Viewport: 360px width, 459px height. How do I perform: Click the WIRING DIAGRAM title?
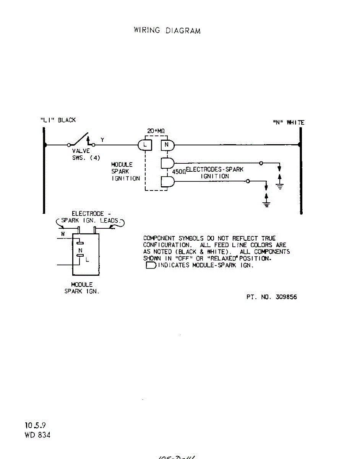tap(167, 30)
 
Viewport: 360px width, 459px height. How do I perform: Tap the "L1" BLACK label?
tap(58, 120)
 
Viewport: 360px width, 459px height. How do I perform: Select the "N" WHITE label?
tap(287, 123)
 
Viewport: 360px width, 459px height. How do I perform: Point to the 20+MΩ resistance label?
tap(156, 131)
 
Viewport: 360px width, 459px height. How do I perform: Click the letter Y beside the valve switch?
tap(102, 140)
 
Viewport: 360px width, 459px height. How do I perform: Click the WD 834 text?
tap(37, 435)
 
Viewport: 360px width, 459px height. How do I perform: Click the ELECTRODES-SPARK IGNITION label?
tap(214, 173)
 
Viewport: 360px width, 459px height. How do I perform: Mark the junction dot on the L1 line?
tap(45, 145)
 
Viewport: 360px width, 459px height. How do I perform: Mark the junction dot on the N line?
tap(300, 145)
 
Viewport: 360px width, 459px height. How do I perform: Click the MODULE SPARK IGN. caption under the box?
tap(81, 288)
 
